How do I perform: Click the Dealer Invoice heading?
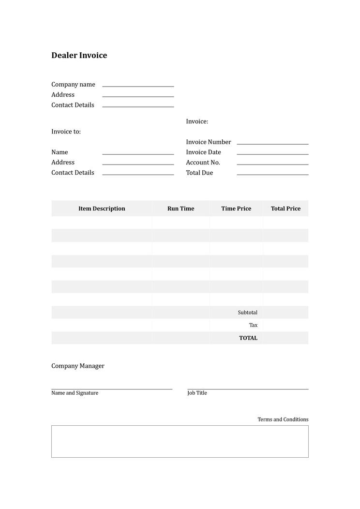click(79, 55)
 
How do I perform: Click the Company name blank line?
click(138, 85)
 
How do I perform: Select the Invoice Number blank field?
click(272, 143)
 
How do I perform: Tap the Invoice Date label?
click(203, 152)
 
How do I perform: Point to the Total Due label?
click(199, 173)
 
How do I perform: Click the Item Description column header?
click(102, 209)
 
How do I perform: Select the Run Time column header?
click(180, 209)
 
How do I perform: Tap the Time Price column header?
click(236, 209)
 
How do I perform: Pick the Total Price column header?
click(285, 209)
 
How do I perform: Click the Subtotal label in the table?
click(247, 313)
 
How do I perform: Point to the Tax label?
click(253, 325)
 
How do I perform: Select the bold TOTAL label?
click(248, 338)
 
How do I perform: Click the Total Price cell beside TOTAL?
click(285, 338)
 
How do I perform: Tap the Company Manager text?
click(78, 366)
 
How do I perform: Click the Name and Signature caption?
click(75, 393)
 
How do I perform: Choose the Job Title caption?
click(197, 393)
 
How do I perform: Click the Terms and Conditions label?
click(283, 419)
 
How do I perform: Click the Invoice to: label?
click(66, 132)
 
